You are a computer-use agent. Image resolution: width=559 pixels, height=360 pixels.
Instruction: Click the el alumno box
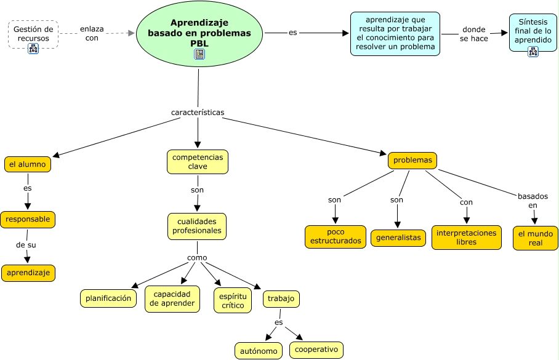(x=27, y=164)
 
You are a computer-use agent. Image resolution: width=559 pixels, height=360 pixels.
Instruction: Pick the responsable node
(x=28, y=219)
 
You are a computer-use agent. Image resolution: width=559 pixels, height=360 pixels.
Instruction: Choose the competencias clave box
(x=198, y=162)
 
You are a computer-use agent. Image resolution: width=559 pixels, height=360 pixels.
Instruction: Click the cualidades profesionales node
(x=197, y=226)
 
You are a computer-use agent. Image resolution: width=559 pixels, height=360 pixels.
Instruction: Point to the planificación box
(x=108, y=298)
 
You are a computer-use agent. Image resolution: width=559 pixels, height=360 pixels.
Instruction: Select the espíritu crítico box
(x=232, y=300)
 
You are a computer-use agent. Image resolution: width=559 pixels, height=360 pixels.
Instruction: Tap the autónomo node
(x=259, y=351)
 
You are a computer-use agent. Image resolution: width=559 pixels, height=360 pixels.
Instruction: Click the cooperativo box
(x=316, y=350)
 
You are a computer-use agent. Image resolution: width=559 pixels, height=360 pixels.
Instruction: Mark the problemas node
(x=412, y=161)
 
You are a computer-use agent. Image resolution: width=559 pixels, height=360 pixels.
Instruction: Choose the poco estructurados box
(x=336, y=236)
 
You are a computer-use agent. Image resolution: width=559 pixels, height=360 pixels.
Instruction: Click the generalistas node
(x=398, y=238)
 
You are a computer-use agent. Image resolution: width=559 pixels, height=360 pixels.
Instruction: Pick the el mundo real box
(x=535, y=238)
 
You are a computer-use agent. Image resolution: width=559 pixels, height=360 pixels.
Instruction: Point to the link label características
(x=198, y=113)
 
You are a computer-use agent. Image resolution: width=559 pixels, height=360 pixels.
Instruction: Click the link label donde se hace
(x=474, y=34)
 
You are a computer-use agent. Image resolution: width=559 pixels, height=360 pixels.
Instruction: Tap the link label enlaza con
(x=92, y=33)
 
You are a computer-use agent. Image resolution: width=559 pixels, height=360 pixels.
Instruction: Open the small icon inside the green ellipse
(x=199, y=54)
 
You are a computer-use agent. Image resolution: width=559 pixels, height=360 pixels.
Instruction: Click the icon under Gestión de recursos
(x=33, y=49)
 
